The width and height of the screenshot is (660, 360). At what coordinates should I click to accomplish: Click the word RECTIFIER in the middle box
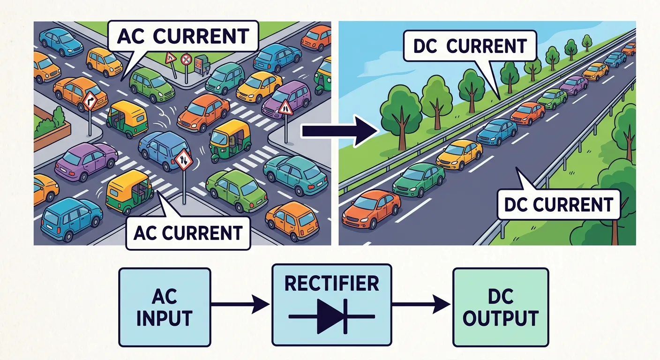coord(331,284)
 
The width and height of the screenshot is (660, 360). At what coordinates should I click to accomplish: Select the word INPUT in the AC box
coord(165,318)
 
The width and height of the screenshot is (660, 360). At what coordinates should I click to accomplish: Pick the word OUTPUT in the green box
coord(500,318)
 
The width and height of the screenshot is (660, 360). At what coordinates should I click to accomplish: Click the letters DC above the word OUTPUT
coord(500,297)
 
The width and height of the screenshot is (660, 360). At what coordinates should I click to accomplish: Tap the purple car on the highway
coord(574,85)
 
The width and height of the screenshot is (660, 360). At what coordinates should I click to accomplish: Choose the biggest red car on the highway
coord(371,209)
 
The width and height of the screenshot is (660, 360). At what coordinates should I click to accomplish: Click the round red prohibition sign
coord(186,60)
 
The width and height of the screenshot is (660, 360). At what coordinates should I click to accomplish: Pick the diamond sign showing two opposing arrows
coord(183,159)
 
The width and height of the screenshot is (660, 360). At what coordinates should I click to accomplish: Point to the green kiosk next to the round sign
coord(202,63)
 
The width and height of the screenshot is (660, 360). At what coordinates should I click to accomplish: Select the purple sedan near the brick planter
coord(86,161)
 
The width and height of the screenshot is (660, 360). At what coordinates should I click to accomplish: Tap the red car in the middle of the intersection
coord(203,112)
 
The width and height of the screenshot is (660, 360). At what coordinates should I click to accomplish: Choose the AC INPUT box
coord(165,307)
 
